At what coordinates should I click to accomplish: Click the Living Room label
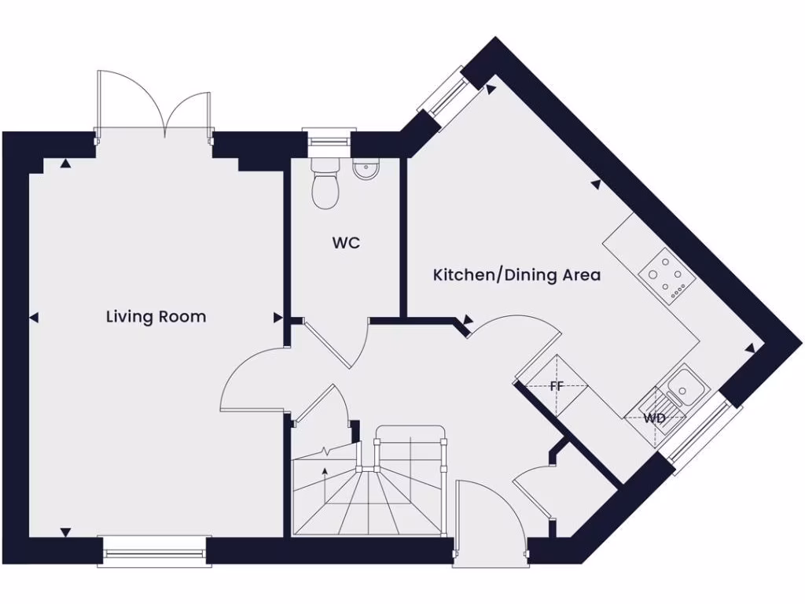click(156, 317)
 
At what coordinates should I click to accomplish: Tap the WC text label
click(345, 243)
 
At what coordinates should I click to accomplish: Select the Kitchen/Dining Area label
click(516, 275)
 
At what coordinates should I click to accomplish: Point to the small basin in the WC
click(365, 170)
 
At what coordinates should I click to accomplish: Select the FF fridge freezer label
click(557, 386)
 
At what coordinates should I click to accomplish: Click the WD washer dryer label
click(654, 418)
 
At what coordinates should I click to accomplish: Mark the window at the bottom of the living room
click(153, 553)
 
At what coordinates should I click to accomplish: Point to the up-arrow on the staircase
click(325, 472)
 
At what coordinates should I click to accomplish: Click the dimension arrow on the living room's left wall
click(33, 318)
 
